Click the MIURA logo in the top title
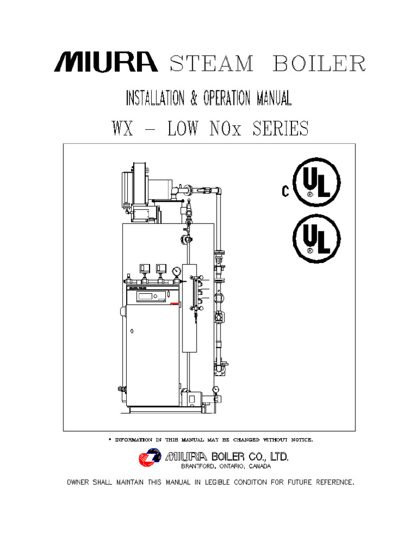[x=106, y=63]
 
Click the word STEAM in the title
[x=212, y=64]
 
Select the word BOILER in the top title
[x=318, y=64]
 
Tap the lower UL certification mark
[x=316, y=239]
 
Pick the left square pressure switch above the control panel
[x=145, y=268]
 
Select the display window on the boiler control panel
[x=148, y=296]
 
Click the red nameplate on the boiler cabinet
[x=174, y=305]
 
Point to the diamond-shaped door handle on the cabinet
[x=131, y=329]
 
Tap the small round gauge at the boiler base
[x=216, y=388]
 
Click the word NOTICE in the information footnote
[x=298, y=439]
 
